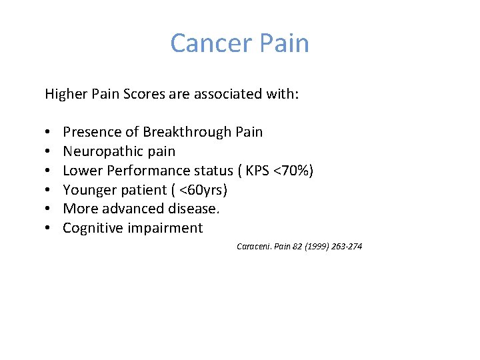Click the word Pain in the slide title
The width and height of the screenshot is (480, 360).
283,43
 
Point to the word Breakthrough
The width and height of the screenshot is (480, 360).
189,132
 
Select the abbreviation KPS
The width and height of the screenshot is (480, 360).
257,171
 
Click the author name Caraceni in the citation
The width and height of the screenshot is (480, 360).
251,247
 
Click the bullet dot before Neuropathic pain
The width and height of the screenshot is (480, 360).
50,152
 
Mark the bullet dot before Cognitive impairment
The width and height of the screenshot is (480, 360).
50,229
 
